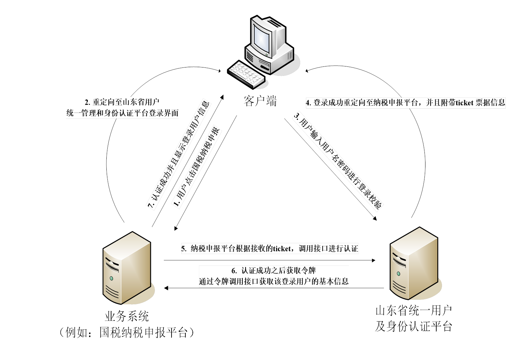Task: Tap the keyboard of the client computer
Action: [x=246, y=75]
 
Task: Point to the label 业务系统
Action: [x=127, y=316]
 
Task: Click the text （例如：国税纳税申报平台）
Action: [x=127, y=333]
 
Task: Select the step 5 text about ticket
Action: [x=269, y=249]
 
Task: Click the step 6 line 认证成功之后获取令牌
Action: [x=274, y=271]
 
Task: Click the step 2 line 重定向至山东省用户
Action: [x=122, y=102]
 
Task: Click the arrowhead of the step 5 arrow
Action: [x=374, y=260]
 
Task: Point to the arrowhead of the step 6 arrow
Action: [x=166, y=288]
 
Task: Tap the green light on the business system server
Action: [x=111, y=278]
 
